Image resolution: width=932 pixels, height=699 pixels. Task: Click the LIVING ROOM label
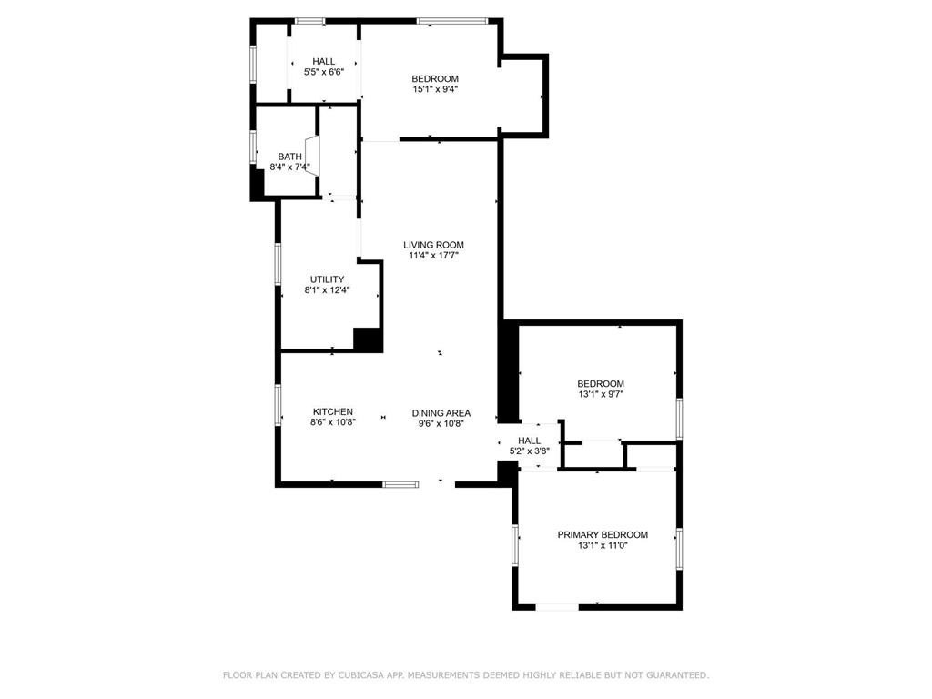click(x=434, y=245)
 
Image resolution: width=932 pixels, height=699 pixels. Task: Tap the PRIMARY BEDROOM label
click(x=603, y=534)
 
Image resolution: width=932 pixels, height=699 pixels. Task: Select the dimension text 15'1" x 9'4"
click(x=434, y=89)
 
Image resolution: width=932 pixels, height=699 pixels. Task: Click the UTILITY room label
click(x=327, y=279)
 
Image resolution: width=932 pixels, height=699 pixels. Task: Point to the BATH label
click(x=289, y=157)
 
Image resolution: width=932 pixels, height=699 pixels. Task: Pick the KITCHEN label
click(x=332, y=411)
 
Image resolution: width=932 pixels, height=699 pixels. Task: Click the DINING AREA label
click(x=441, y=412)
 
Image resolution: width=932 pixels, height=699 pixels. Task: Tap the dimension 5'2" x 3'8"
click(x=529, y=451)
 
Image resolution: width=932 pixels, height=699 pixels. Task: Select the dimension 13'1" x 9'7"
click(x=600, y=395)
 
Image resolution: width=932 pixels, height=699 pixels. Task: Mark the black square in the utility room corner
click(x=368, y=339)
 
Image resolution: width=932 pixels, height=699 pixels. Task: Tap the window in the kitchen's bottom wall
click(x=400, y=484)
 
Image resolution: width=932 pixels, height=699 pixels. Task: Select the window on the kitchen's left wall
click(x=279, y=405)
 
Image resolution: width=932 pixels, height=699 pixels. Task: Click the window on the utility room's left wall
click(x=278, y=264)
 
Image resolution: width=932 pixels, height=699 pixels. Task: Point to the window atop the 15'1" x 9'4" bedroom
click(x=452, y=20)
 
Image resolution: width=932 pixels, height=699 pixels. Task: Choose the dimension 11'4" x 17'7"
click(x=434, y=256)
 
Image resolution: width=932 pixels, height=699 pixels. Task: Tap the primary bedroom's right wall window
click(x=679, y=549)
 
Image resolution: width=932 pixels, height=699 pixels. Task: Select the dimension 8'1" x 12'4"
click(x=327, y=290)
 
